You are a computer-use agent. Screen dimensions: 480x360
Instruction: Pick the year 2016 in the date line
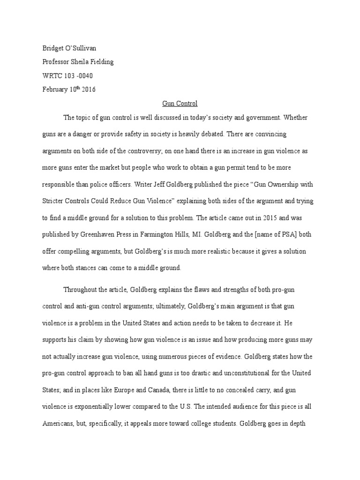pos(87,90)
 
